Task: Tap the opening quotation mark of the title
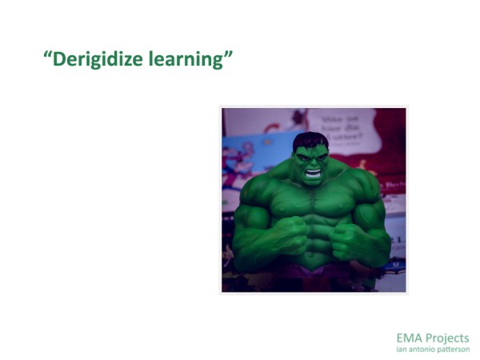(x=47, y=56)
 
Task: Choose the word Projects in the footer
(x=448, y=338)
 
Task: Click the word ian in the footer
(x=402, y=349)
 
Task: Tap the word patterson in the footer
(x=454, y=349)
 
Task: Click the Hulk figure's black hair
(x=310, y=142)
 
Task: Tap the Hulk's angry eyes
(x=310, y=156)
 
